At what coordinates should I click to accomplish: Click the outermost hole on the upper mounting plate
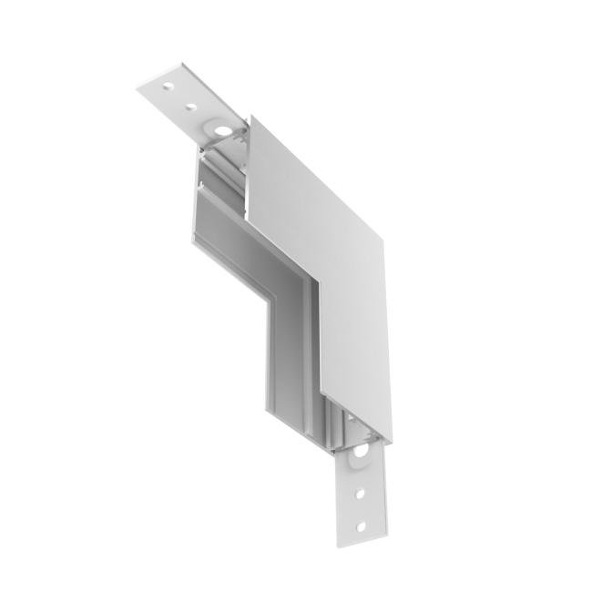point(168,87)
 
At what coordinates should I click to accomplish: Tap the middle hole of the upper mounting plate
point(190,107)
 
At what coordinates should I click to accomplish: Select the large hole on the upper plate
point(220,133)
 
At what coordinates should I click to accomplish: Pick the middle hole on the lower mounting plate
point(362,495)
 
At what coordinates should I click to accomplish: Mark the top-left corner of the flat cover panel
point(249,118)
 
